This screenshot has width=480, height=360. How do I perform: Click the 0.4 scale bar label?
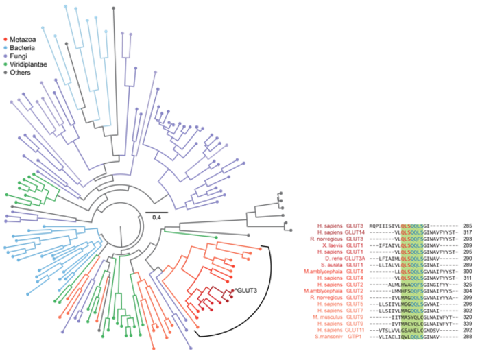(157, 217)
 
